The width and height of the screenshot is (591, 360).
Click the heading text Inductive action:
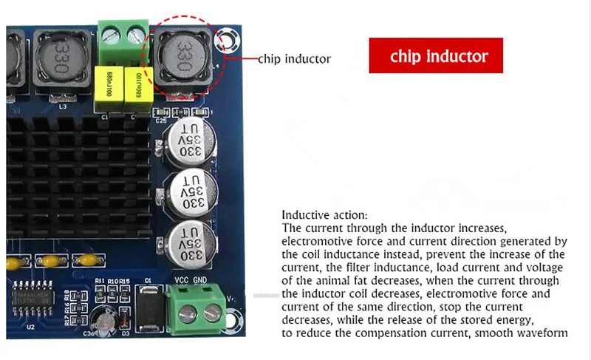pyautogui.click(x=314, y=215)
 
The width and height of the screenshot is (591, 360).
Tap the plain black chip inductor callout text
pyautogui.click(x=294, y=58)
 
